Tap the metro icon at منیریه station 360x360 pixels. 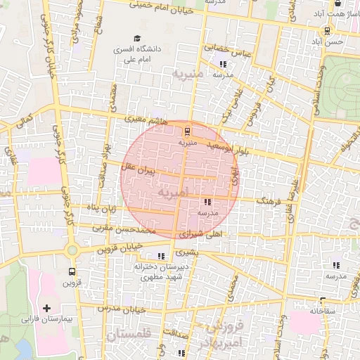coord(187,131)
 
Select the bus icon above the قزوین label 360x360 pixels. coord(72,271)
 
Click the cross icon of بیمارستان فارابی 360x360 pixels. coord(47,308)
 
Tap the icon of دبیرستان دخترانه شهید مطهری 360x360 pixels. coord(162,257)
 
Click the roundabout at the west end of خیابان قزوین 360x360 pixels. coord(72,250)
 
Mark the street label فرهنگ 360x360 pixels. coord(269,201)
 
